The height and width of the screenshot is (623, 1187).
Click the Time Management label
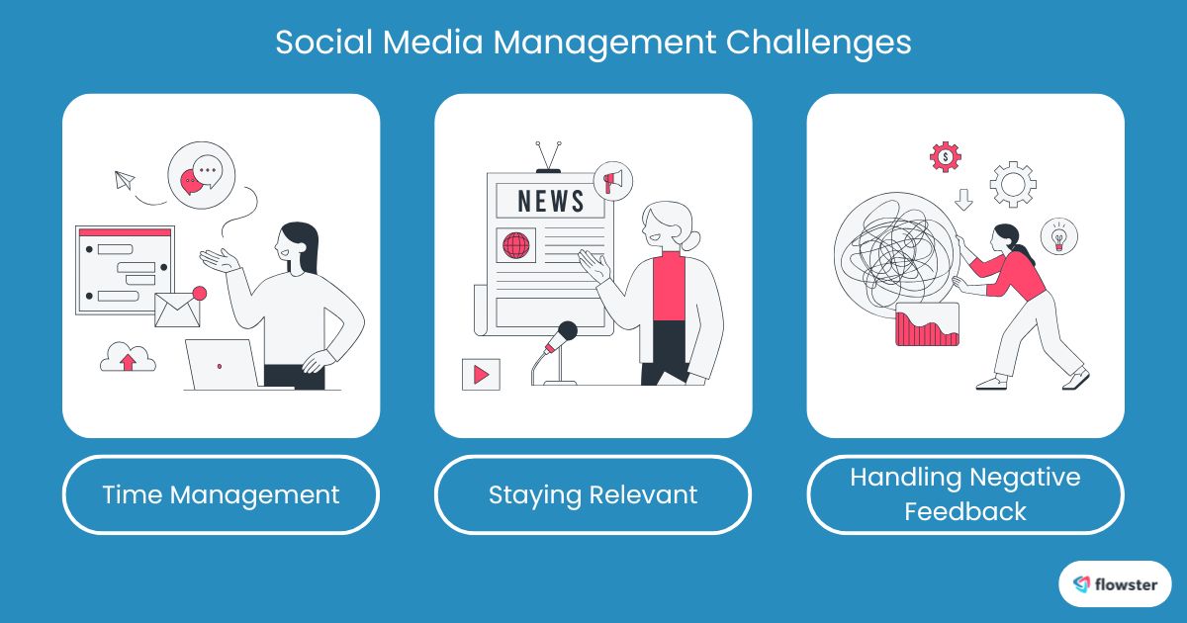(x=221, y=494)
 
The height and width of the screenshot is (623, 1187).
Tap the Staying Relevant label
(x=593, y=494)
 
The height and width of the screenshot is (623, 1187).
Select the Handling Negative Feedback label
(x=964, y=494)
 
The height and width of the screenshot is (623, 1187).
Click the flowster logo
(x=1115, y=583)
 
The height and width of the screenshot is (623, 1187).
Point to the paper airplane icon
(x=124, y=180)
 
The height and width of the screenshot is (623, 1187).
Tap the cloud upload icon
(x=128, y=357)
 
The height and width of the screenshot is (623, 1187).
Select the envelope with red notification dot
(x=179, y=308)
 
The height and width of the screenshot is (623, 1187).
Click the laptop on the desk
(x=222, y=364)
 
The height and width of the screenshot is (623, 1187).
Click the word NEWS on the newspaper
(x=550, y=201)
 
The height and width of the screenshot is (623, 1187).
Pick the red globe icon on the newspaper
(x=515, y=244)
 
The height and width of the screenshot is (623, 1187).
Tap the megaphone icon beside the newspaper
(x=613, y=181)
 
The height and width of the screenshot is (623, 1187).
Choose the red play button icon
(x=481, y=374)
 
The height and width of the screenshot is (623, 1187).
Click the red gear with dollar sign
(x=946, y=156)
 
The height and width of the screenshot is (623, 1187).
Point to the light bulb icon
(x=1058, y=236)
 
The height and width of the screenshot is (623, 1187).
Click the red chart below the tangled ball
(x=927, y=325)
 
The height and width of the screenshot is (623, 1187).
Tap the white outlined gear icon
(x=1012, y=183)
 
